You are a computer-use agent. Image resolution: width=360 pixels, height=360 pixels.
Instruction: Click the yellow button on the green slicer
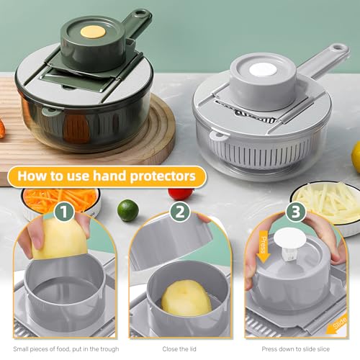pyautogui.click(x=93, y=32)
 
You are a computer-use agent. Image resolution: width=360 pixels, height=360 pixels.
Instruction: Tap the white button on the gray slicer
pyautogui.click(x=263, y=70)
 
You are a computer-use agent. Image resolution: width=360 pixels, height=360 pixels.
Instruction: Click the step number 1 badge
pyautogui.click(x=63, y=212)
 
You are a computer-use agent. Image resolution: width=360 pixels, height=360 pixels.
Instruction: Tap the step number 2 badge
pyautogui.click(x=180, y=212)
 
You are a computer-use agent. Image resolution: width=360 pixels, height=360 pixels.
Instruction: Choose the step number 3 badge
pyautogui.click(x=295, y=212)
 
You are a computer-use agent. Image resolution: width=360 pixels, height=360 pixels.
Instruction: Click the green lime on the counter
pyautogui.click(x=128, y=210)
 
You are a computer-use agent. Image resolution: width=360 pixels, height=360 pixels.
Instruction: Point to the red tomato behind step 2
pyautogui.click(x=181, y=194)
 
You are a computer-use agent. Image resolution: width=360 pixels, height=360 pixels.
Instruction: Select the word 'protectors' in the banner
pyautogui.click(x=163, y=176)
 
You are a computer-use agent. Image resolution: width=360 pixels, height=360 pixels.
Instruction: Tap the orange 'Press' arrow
pyautogui.click(x=264, y=246)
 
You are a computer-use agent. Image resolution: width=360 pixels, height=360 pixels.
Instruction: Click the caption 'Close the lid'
pyautogui.click(x=179, y=349)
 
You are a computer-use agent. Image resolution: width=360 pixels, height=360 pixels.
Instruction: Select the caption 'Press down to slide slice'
pyautogui.click(x=295, y=349)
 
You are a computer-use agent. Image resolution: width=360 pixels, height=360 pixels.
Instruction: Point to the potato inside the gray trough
pyautogui.click(x=186, y=298)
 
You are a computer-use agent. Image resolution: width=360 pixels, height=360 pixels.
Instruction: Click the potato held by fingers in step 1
pyautogui.click(x=60, y=238)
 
